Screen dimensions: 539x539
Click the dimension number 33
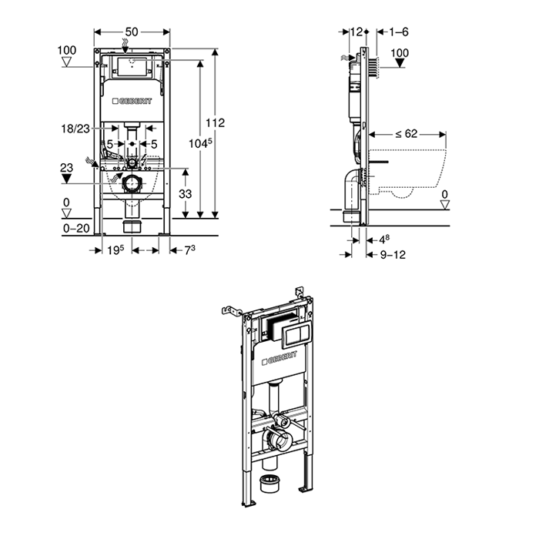pos(185,195)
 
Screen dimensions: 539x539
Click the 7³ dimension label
pos(188,249)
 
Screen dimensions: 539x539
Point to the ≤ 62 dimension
pos(406,133)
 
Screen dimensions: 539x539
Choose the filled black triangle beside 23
pos(67,179)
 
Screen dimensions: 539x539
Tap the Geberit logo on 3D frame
pos(280,359)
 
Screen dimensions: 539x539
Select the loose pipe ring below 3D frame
pos(269,484)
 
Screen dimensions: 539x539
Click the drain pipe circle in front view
pos(133,185)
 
